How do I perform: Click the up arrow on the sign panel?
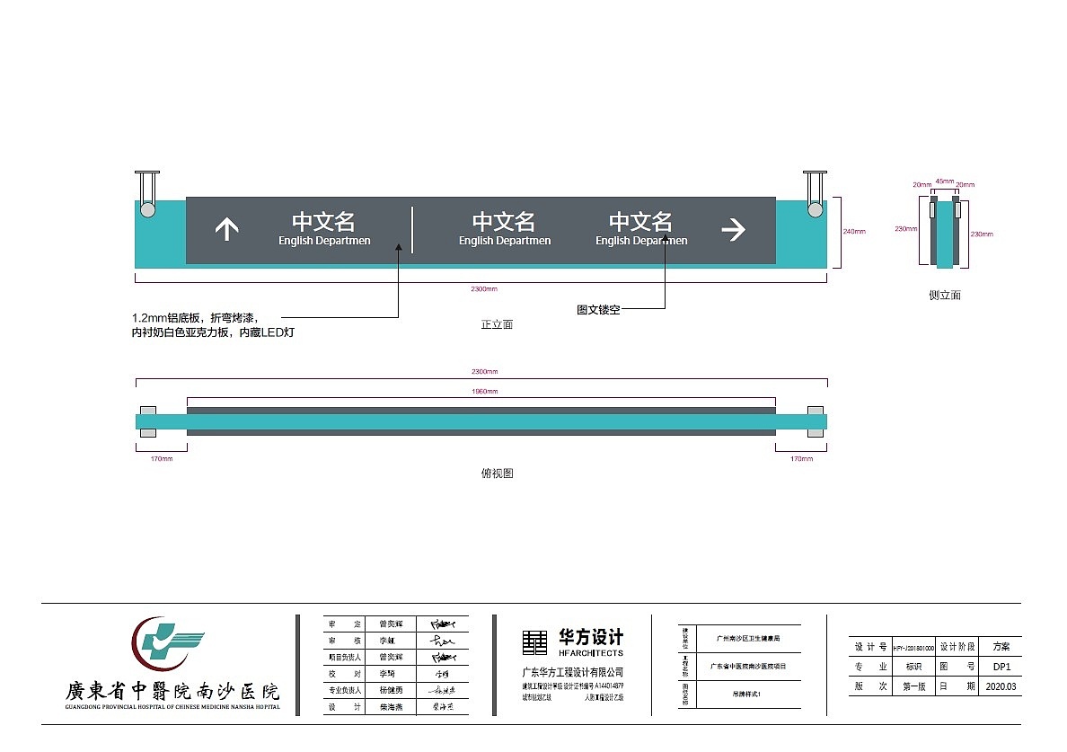pos(226,230)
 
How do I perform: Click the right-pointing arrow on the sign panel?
pos(734,230)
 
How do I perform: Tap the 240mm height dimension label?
pos(853,232)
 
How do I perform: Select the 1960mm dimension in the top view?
pos(484,392)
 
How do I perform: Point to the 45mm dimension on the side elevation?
pos(944,181)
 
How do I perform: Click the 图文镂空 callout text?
pos(598,310)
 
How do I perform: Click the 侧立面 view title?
pos(944,295)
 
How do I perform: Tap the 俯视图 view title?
pos(497,473)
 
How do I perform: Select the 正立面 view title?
pos(497,324)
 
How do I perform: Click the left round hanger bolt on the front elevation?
pos(146,209)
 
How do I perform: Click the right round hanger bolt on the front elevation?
pos(815,209)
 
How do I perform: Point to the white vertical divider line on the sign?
pos(412,230)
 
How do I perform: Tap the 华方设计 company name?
pos(591,637)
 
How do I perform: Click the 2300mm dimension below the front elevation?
pos(484,289)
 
